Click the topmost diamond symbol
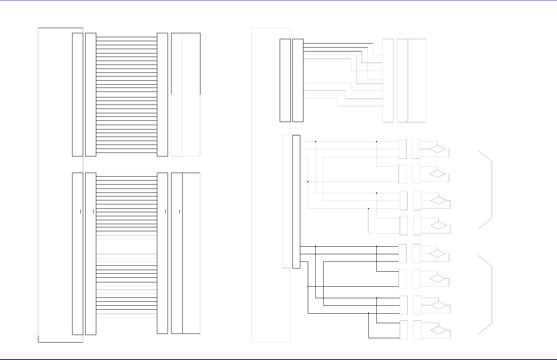coord(437,149)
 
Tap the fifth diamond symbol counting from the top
coord(437,253)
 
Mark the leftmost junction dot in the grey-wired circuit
coord(308,182)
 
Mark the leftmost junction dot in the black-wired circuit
coord(308,286)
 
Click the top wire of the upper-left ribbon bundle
coord(127,37)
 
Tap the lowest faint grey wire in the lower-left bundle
coord(127,318)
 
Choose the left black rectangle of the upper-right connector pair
coord(285,80)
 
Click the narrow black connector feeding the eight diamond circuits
coord(296,202)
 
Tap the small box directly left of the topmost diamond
coord(416,149)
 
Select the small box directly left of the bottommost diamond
coord(417,330)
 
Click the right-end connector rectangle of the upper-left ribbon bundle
coord(162,95)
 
